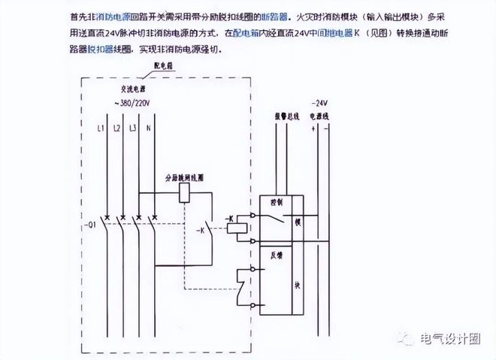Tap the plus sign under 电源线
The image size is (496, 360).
(x=311, y=129)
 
